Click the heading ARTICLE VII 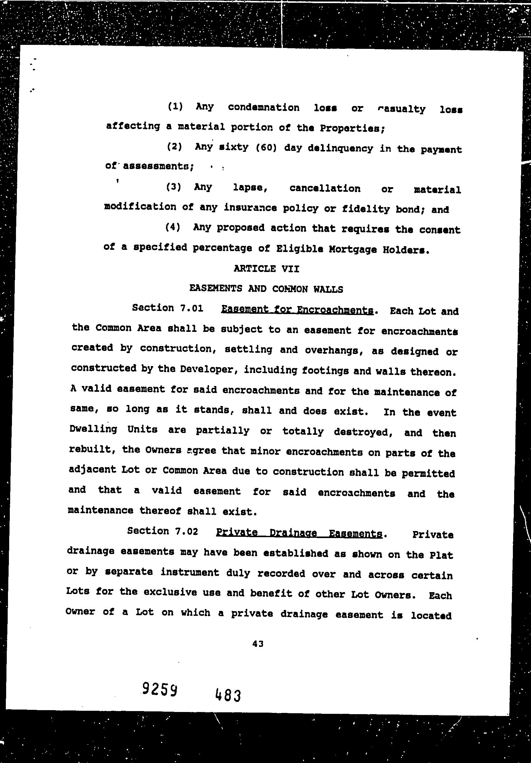266,269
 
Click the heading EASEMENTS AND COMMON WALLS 266,289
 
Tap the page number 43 258,644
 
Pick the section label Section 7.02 163,531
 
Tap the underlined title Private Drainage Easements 299,533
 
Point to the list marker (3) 173,187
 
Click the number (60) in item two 266,147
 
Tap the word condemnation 264,107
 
